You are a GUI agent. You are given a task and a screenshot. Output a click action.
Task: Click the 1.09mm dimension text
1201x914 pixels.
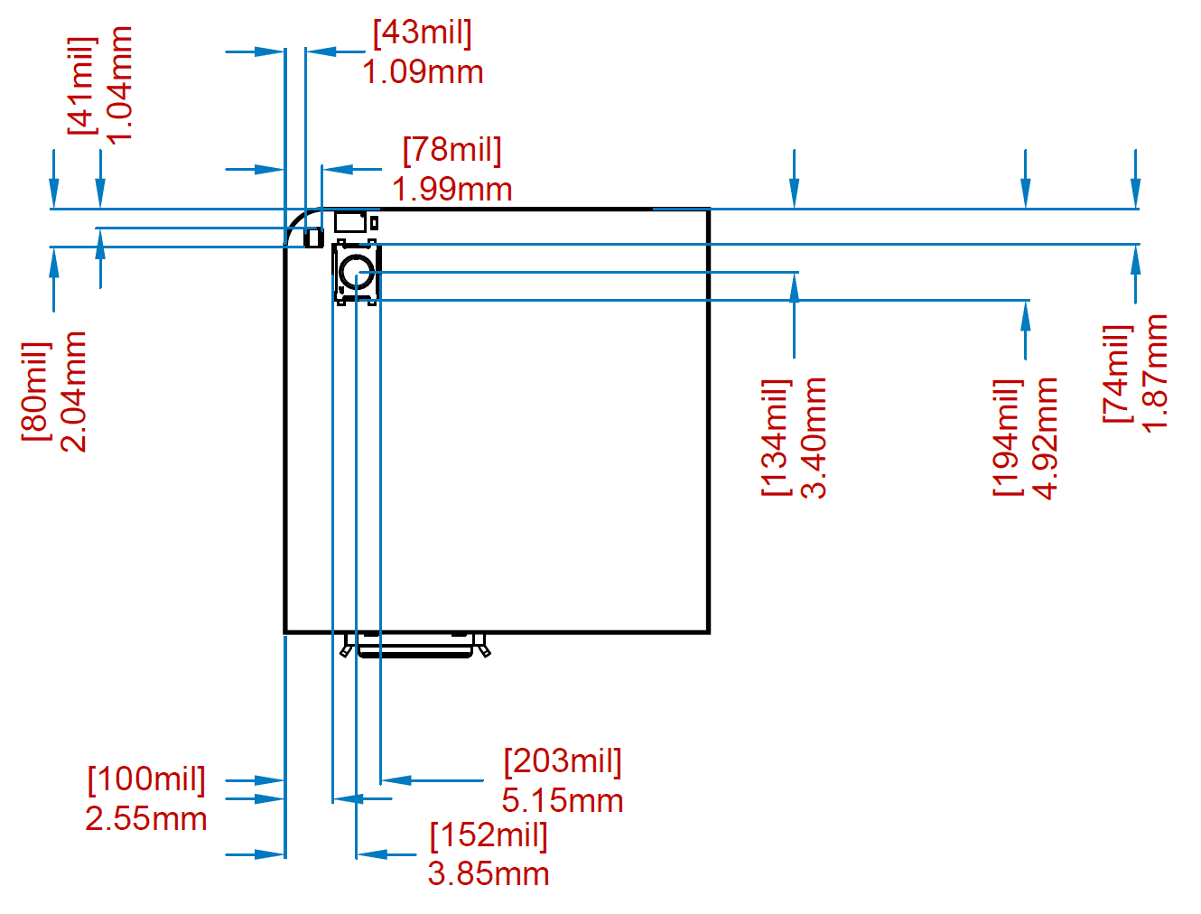(423, 72)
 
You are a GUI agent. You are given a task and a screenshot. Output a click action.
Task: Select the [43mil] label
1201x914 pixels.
(423, 33)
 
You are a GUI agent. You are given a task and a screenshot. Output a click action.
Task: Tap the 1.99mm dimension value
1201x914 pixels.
(452, 190)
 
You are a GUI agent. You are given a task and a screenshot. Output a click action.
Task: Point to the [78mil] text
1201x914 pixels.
(452, 150)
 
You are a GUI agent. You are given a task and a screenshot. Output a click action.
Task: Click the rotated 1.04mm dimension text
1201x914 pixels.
(119, 85)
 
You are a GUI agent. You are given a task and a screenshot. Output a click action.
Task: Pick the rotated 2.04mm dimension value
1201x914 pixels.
(74, 391)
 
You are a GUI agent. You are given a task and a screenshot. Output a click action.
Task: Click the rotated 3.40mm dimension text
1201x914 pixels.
(815, 438)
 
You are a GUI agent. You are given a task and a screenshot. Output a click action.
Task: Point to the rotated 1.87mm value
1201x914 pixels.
(1156, 373)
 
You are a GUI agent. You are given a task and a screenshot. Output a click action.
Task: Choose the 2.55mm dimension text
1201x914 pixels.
(146, 819)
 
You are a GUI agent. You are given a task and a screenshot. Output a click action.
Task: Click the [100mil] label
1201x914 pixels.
(146, 779)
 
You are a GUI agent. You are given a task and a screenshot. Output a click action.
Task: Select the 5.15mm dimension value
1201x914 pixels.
(563, 800)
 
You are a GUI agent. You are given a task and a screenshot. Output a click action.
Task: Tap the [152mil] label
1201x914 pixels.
(489, 835)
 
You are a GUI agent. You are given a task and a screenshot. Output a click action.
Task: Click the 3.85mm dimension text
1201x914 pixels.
(489, 874)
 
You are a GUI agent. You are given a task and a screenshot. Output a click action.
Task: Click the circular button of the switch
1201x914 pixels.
(358, 271)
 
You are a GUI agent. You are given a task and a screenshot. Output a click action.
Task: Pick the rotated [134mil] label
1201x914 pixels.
(777, 438)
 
